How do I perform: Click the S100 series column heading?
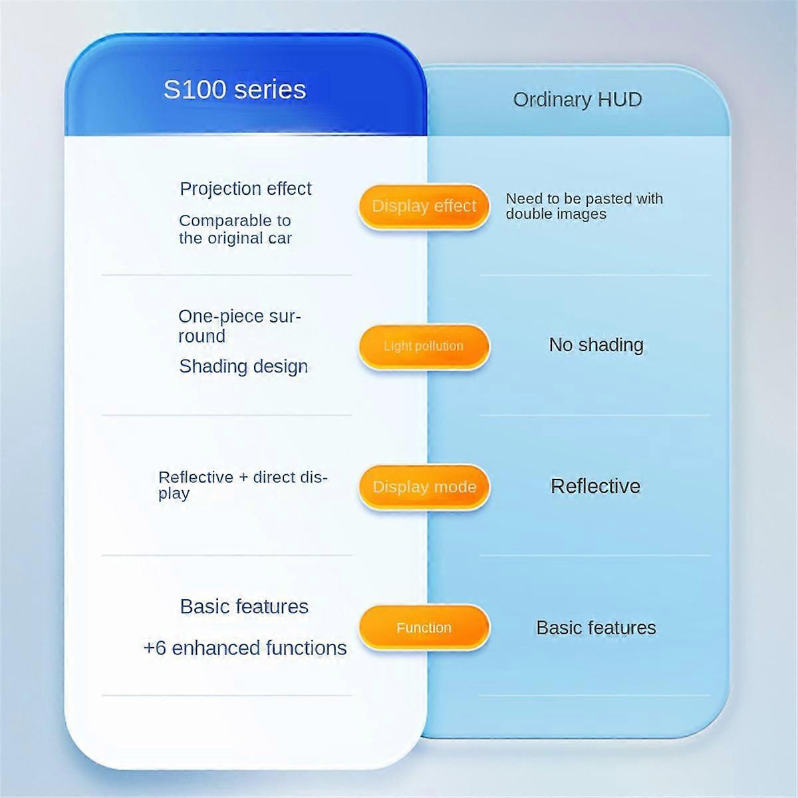(235, 89)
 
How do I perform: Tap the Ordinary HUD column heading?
(577, 100)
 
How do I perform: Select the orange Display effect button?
(424, 206)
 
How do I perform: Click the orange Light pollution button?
(424, 346)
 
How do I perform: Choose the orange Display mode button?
(424, 487)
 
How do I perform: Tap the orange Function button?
(424, 628)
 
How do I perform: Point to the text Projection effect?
(245, 189)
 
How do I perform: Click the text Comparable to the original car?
(235, 229)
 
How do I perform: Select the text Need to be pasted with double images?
(584, 206)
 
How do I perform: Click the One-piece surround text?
(239, 326)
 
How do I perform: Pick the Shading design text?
(243, 366)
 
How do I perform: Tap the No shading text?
(596, 345)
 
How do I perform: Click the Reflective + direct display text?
(243, 485)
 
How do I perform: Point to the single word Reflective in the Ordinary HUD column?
(595, 486)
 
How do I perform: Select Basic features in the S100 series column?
(244, 606)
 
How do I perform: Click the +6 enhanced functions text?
(245, 648)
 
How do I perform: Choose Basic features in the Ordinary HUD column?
(596, 628)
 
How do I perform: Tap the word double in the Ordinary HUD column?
(527, 214)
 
